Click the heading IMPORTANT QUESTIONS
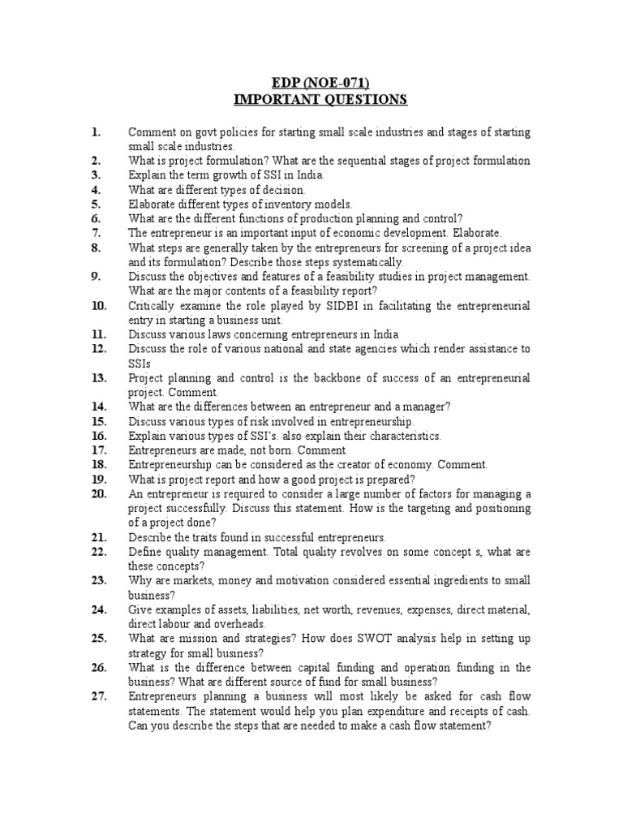point(309,100)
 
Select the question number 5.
point(96,205)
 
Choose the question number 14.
point(99,407)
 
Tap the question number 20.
point(99,493)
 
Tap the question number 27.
point(99,696)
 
